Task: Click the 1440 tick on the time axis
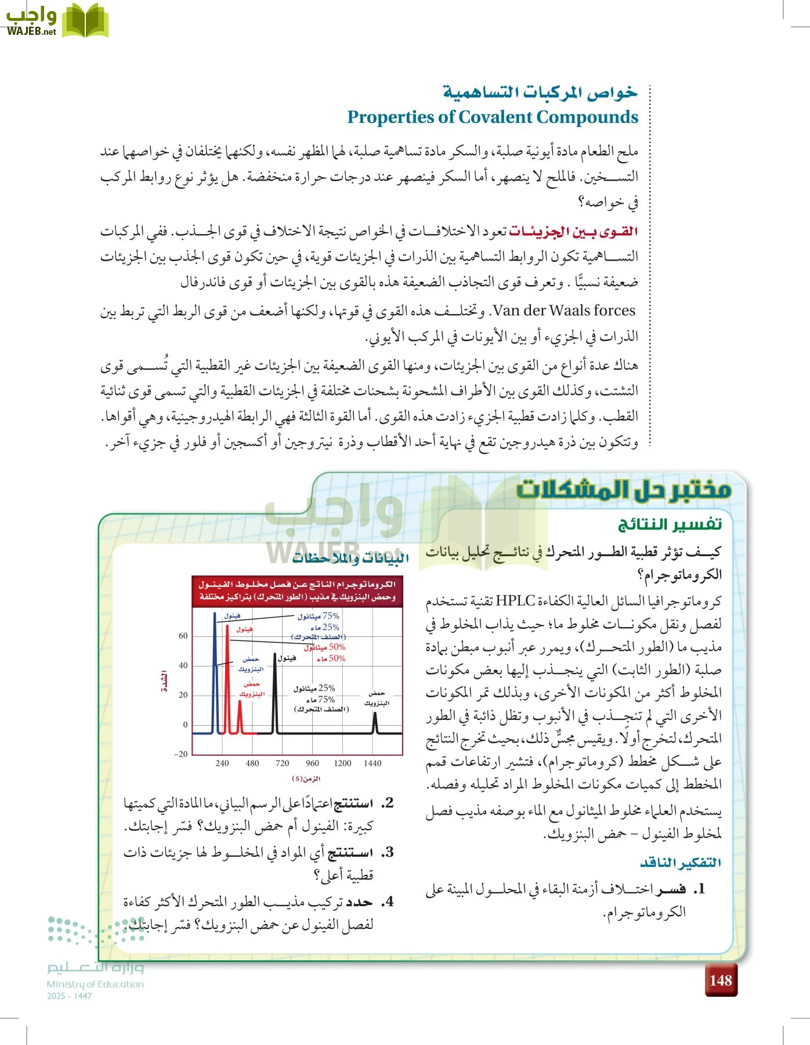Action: [x=373, y=763]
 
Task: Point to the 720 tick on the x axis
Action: [x=283, y=763]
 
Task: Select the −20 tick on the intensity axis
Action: [x=181, y=754]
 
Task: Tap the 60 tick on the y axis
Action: [x=183, y=636]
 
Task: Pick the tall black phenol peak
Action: [x=275, y=691]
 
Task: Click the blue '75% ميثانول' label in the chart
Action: [x=319, y=616]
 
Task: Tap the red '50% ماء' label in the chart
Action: [x=331, y=658]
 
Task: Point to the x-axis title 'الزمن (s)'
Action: [x=306, y=779]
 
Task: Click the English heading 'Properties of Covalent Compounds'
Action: [x=493, y=117]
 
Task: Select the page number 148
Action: [x=721, y=981]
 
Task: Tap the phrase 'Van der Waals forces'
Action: [x=564, y=311]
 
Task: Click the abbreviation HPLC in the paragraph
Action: [x=515, y=600]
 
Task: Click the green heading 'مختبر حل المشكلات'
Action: [x=623, y=489]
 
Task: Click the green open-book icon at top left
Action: [x=85, y=21]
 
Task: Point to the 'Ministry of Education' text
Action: [x=95, y=984]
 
